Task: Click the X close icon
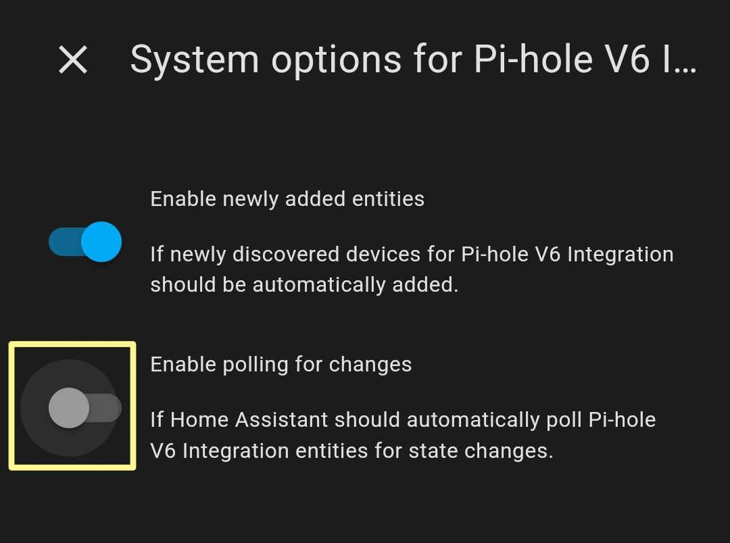73,59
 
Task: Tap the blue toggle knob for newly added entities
101,242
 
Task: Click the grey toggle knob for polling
69,408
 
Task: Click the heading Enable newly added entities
287,199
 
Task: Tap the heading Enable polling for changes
281,364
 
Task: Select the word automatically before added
319,285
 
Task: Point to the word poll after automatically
564,420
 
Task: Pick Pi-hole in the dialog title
533,59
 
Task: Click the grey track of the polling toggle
106,408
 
